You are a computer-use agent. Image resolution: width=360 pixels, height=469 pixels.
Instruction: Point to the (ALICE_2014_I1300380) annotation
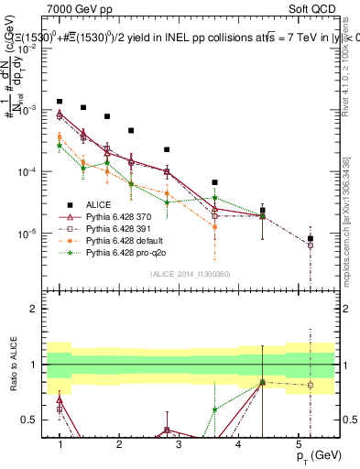point(191,273)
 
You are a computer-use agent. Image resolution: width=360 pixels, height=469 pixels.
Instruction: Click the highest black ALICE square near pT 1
point(60,102)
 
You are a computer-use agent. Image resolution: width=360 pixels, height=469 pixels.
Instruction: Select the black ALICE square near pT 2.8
point(167,149)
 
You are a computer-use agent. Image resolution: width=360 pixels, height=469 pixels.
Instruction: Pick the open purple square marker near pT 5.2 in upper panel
point(311,245)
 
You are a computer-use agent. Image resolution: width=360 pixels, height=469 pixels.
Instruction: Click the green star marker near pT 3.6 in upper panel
point(214,198)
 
